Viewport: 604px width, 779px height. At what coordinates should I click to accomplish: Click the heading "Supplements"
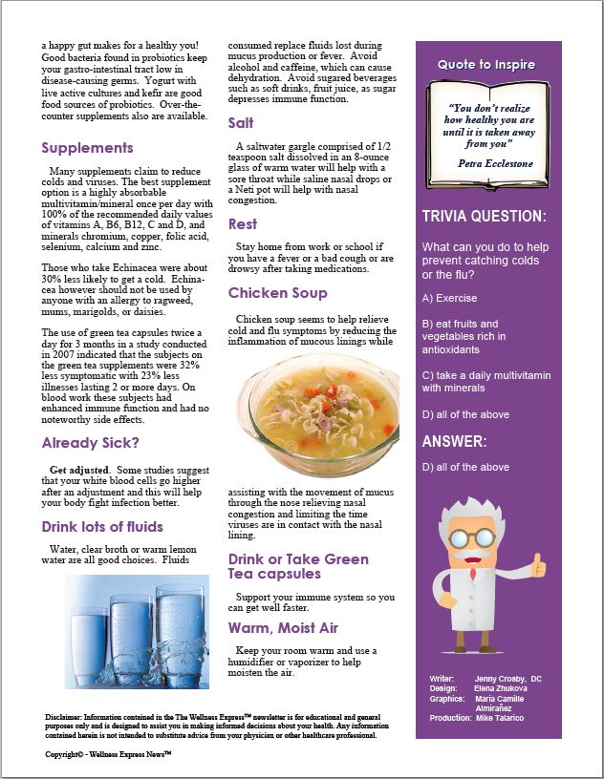87,148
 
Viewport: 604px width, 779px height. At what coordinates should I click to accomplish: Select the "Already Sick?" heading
90,443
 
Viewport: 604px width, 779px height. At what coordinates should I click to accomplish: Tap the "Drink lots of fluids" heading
102,527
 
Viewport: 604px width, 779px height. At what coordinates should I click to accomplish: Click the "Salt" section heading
241,123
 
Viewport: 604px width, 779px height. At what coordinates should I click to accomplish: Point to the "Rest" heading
242,224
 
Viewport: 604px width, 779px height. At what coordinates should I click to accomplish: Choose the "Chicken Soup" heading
277,293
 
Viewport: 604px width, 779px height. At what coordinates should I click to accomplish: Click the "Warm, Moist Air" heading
284,627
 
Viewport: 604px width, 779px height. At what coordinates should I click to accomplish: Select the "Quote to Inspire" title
486,65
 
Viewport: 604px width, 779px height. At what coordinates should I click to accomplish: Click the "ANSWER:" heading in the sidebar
455,441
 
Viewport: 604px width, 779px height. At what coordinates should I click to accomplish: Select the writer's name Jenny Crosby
507,679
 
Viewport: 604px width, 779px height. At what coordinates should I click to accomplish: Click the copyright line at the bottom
108,754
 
